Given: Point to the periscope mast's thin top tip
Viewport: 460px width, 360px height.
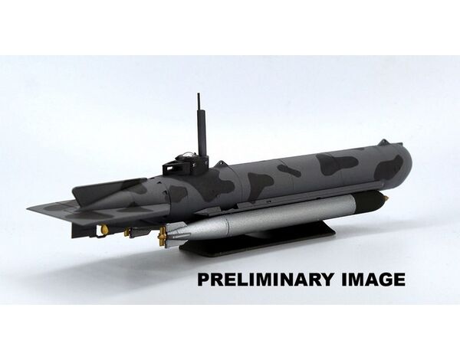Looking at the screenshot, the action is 199,93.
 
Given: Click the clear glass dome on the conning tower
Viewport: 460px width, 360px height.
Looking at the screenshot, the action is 186,154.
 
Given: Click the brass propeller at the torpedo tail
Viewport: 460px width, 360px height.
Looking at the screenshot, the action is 161,236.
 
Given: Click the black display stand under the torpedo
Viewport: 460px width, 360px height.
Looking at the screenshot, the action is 258,241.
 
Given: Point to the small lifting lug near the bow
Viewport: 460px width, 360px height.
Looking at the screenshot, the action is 381,142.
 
